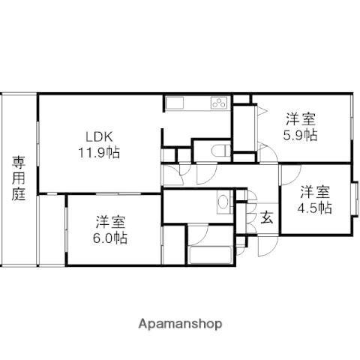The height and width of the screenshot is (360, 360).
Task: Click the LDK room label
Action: (99, 137)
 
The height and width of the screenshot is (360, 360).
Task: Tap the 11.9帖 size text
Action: (99, 152)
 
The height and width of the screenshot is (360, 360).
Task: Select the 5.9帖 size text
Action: (300, 135)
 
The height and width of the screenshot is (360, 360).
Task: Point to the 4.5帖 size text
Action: (314, 208)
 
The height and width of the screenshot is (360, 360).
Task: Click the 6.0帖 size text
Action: (110, 238)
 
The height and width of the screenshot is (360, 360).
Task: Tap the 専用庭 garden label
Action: (19, 178)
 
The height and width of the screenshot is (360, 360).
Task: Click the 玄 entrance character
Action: (267, 217)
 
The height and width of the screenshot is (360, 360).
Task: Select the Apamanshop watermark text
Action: (180, 324)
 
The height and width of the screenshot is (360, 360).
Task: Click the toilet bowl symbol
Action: (220, 151)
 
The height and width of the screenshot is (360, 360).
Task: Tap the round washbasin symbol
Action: (222, 201)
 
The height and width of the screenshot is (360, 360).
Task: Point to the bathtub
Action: (211, 255)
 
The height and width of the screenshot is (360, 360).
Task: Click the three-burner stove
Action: (219, 103)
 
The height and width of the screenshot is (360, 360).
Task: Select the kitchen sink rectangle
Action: (175, 103)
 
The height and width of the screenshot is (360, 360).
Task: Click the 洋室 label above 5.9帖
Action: (301, 119)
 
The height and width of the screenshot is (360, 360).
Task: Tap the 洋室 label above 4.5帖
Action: (315, 192)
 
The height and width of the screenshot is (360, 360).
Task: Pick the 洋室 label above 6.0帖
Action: (111, 222)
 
